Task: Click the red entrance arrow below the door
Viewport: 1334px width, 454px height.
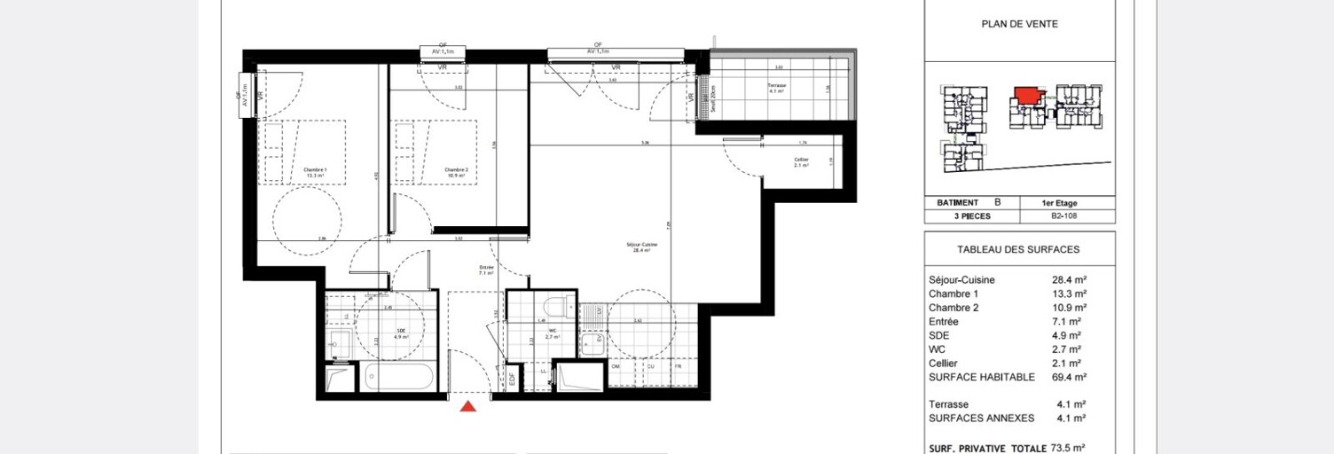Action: (468, 406)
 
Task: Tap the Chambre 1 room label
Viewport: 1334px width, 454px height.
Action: (315, 172)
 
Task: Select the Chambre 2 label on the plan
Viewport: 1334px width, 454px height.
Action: (456, 172)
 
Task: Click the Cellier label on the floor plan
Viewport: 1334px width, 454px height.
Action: (800, 162)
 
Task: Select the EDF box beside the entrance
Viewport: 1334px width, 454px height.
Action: (512, 379)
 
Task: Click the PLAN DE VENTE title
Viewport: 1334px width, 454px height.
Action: (1019, 25)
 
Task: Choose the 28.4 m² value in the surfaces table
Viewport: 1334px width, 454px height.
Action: (1069, 280)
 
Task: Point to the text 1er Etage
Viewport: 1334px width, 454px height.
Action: (1061, 203)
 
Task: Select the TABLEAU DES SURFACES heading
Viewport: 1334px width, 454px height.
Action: (1018, 250)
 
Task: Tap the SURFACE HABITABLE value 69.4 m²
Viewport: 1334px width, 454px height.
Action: (1069, 377)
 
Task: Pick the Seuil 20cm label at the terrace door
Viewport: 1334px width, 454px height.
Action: (708, 98)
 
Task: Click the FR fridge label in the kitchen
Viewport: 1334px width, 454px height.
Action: (678, 365)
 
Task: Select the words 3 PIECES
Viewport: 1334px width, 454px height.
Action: (953, 216)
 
